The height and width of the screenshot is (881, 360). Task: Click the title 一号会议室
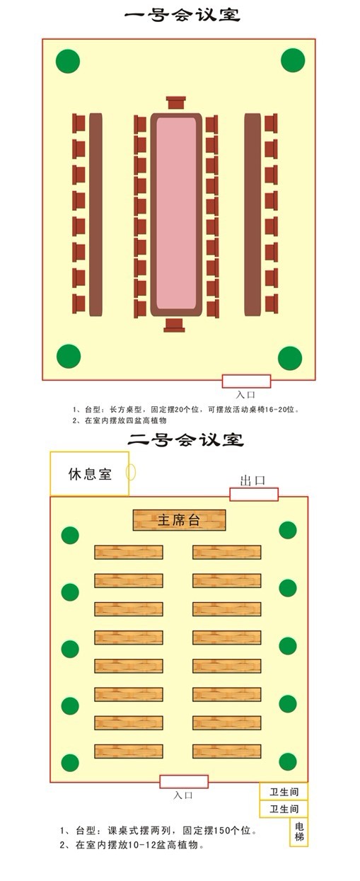[x=182, y=16]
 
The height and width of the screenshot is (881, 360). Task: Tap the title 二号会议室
[x=185, y=439]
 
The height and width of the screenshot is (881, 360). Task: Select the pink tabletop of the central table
[x=176, y=214]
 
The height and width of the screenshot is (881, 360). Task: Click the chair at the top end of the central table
[x=175, y=103]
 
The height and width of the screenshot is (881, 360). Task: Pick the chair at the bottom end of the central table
[x=174, y=325]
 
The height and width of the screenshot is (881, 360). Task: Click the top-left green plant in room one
[x=68, y=61]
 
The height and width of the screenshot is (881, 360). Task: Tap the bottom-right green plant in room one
[x=290, y=358]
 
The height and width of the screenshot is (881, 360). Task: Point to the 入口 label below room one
[x=245, y=394]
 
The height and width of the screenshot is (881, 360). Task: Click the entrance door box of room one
[x=246, y=381]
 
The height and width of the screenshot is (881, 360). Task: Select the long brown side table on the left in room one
[x=96, y=214]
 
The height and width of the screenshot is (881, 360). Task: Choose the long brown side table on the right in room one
[x=252, y=214]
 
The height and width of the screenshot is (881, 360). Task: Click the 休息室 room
[x=90, y=473]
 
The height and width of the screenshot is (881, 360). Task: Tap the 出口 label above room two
[x=252, y=480]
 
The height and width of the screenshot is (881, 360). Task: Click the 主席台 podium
[x=179, y=520]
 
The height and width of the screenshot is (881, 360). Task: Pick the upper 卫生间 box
[x=284, y=792]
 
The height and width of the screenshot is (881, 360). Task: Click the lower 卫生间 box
[x=284, y=809]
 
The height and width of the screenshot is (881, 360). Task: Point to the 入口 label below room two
[x=183, y=795]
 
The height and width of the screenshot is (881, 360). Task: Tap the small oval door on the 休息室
[x=131, y=472]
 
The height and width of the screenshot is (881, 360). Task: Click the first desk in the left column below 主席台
[x=129, y=552]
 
